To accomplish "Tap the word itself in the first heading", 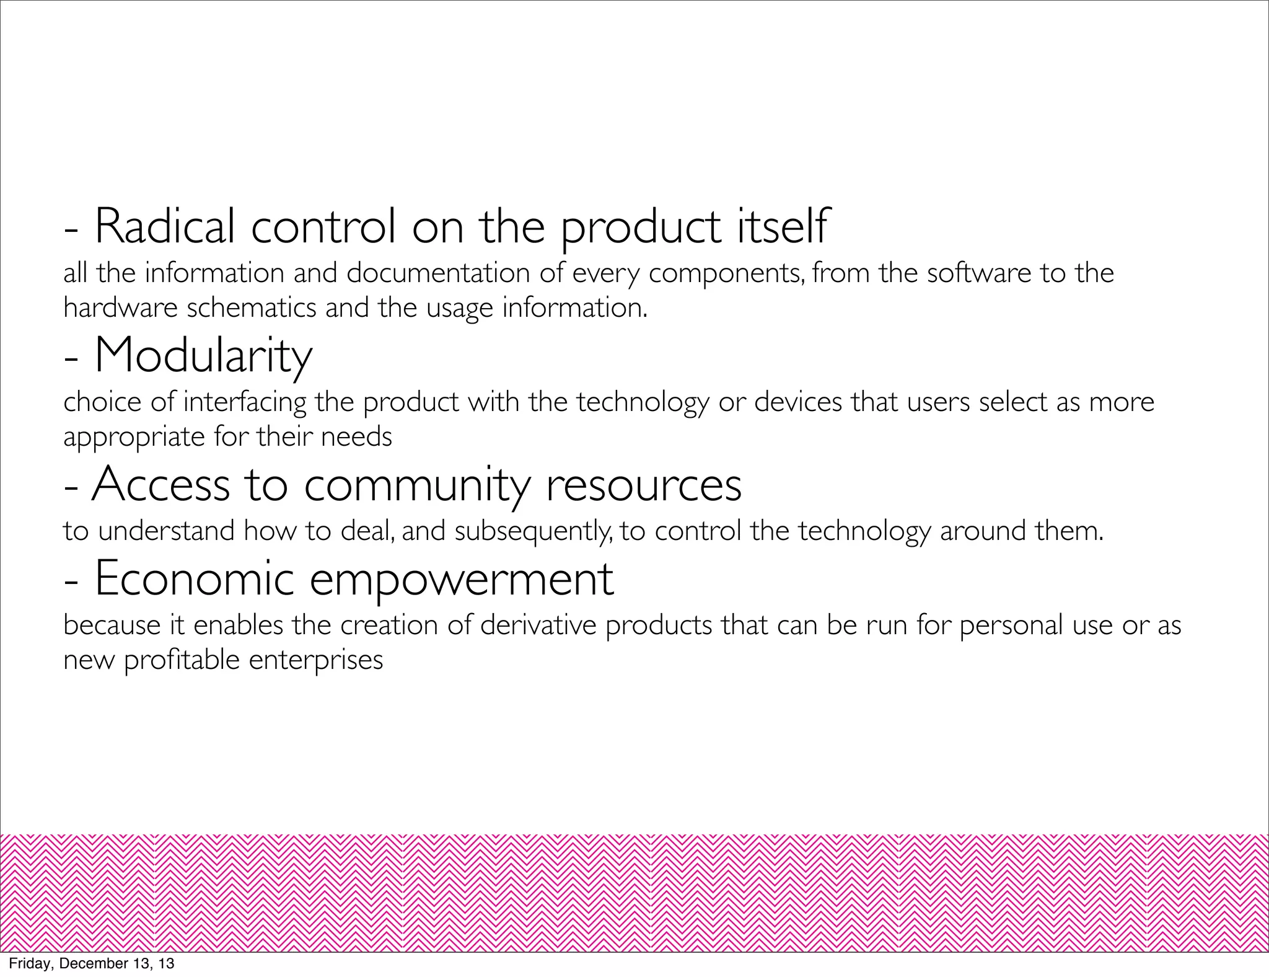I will coord(781,227).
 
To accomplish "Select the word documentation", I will coord(437,273).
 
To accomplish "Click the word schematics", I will coord(252,308).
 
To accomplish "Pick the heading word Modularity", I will coord(203,356).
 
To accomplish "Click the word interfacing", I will coord(245,402).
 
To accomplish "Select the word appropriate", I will coord(134,437).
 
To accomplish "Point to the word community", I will coord(416,485).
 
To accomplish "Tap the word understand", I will coord(167,531).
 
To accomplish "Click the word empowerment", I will coord(462,580).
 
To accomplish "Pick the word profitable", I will coord(182,660).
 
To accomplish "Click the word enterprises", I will coord(316,660).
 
